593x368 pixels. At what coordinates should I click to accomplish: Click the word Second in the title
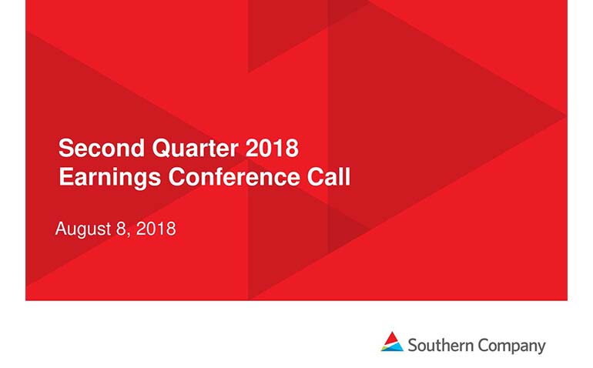pyautogui.click(x=102, y=148)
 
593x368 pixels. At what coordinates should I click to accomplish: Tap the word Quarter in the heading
pyautogui.click(x=195, y=149)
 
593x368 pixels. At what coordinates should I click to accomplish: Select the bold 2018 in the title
pyautogui.click(x=272, y=148)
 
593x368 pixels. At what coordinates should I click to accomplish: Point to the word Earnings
pyautogui.click(x=109, y=178)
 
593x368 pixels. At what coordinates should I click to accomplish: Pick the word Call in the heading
pyautogui.click(x=329, y=176)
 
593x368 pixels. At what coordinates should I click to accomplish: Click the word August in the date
pyautogui.click(x=83, y=229)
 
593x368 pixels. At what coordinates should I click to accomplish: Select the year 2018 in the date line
pyautogui.click(x=156, y=229)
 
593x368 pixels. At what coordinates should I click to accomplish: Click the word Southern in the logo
pyautogui.click(x=441, y=346)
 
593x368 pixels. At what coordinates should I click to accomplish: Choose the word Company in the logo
pyautogui.click(x=511, y=346)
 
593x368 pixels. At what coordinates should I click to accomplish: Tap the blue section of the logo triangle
pyautogui.click(x=394, y=347)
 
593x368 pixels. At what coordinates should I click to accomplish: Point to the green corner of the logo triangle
pyautogui.click(x=384, y=347)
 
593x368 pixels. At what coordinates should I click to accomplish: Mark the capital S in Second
pyautogui.click(x=65, y=148)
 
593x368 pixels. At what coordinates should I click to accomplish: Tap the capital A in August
pyautogui.click(x=62, y=229)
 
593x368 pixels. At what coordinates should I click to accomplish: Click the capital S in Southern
pyautogui.click(x=413, y=346)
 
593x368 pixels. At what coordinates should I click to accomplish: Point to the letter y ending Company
pyautogui.click(x=541, y=348)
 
